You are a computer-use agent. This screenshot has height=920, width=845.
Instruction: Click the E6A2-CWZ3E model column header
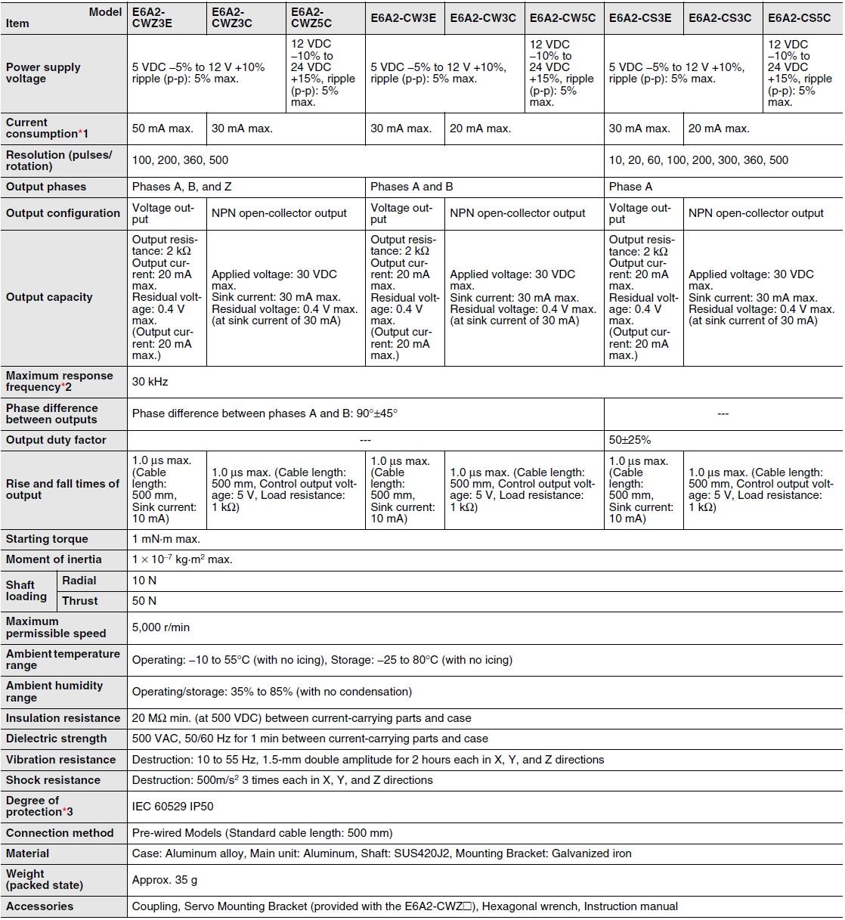(x=152, y=17)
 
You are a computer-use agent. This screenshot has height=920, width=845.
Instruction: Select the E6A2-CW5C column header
(x=562, y=17)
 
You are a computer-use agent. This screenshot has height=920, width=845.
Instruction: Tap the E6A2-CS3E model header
(x=639, y=17)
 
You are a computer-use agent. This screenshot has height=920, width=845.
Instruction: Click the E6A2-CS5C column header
(x=799, y=17)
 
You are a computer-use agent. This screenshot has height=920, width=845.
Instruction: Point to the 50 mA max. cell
(x=162, y=129)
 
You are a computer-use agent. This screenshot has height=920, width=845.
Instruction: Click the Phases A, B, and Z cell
(x=177, y=187)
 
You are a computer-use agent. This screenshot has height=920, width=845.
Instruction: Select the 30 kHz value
(x=150, y=382)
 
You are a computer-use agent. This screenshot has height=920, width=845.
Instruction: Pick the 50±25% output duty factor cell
(x=630, y=440)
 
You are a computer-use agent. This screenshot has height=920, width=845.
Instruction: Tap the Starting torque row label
(x=47, y=539)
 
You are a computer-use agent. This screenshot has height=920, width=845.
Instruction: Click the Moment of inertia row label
(x=54, y=559)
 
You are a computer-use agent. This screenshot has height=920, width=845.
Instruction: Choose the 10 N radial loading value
(x=144, y=581)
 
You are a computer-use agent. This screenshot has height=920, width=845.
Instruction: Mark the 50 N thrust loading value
(x=144, y=601)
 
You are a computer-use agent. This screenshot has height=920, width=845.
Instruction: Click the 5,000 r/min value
(x=161, y=627)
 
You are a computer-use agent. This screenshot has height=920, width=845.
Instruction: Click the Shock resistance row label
(x=53, y=780)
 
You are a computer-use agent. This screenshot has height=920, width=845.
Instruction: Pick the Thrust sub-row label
(x=80, y=601)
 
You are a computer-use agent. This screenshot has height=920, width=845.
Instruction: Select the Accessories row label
(x=40, y=906)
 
